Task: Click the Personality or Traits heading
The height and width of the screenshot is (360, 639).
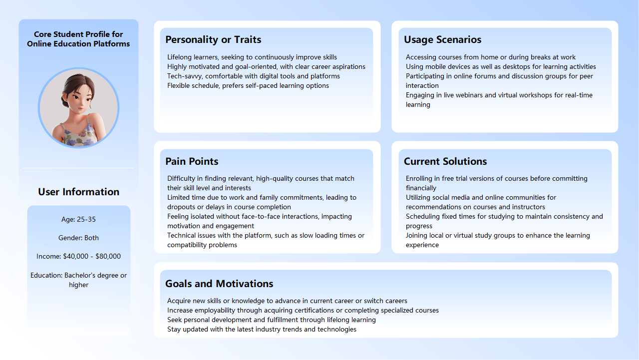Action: click(x=213, y=39)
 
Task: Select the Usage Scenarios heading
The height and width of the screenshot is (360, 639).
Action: click(x=442, y=39)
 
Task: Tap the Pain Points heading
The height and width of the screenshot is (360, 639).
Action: click(x=192, y=161)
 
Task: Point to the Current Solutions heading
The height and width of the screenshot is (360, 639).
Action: click(x=445, y=161)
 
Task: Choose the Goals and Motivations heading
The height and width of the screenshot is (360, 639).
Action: click(x=219, y=284)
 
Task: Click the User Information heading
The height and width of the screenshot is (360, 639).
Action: click(x=78, y=192)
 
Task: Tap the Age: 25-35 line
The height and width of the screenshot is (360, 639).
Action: click(x=78, y=219)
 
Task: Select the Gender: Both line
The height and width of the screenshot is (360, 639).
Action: click(x=78, y=238)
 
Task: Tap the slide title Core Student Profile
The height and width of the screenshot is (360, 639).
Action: click(x=78, y=39)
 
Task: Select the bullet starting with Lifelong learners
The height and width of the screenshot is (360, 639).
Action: click(x=252, y=57)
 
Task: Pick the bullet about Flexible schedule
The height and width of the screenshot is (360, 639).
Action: click(x=248, y=86)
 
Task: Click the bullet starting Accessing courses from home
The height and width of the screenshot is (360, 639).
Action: click(x=491, y=57)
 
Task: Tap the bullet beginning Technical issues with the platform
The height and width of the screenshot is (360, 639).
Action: click(x=266, y=236)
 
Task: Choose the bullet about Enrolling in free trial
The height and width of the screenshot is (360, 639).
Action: click(x=496, y=179)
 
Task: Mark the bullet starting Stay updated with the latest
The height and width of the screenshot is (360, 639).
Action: click(x=262, y=330)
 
